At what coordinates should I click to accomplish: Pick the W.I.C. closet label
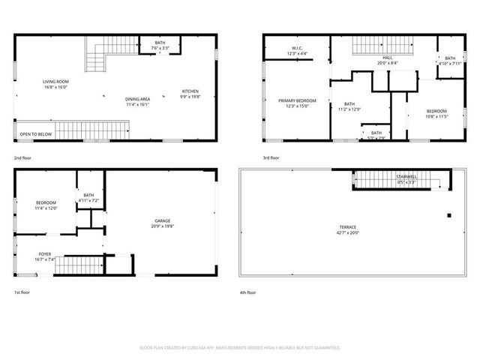click(x=297, y=50)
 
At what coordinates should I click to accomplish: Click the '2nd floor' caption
click(x=22, y=158)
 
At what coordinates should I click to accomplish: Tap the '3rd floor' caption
click(x=270, y=158)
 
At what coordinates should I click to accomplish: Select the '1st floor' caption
click(x=22, y=292)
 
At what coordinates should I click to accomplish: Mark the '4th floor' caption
click(x=247, y=292)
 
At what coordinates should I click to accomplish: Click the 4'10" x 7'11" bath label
click(x=449, y=60)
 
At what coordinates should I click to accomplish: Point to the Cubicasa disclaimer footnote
click(x=240, y=348)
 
